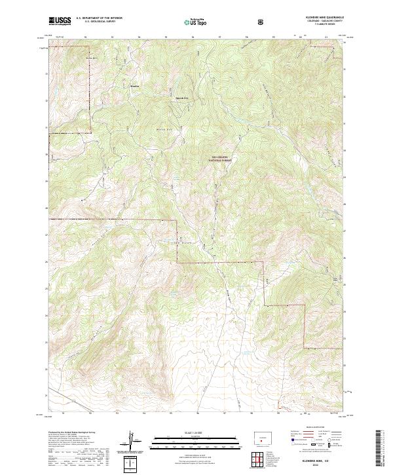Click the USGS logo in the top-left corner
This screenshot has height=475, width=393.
coord(60,21)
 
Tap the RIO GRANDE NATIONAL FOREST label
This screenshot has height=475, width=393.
coord(223,159)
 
